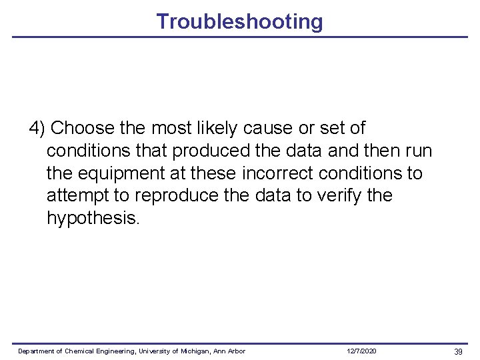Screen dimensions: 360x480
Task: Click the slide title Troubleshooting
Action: click(239, 21)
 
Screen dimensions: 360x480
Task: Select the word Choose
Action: click(79, 127)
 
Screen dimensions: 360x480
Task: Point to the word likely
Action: click(213, 127)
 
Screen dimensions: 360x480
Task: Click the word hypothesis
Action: click(93, 219)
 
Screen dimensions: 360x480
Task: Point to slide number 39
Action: click(458, 351)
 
